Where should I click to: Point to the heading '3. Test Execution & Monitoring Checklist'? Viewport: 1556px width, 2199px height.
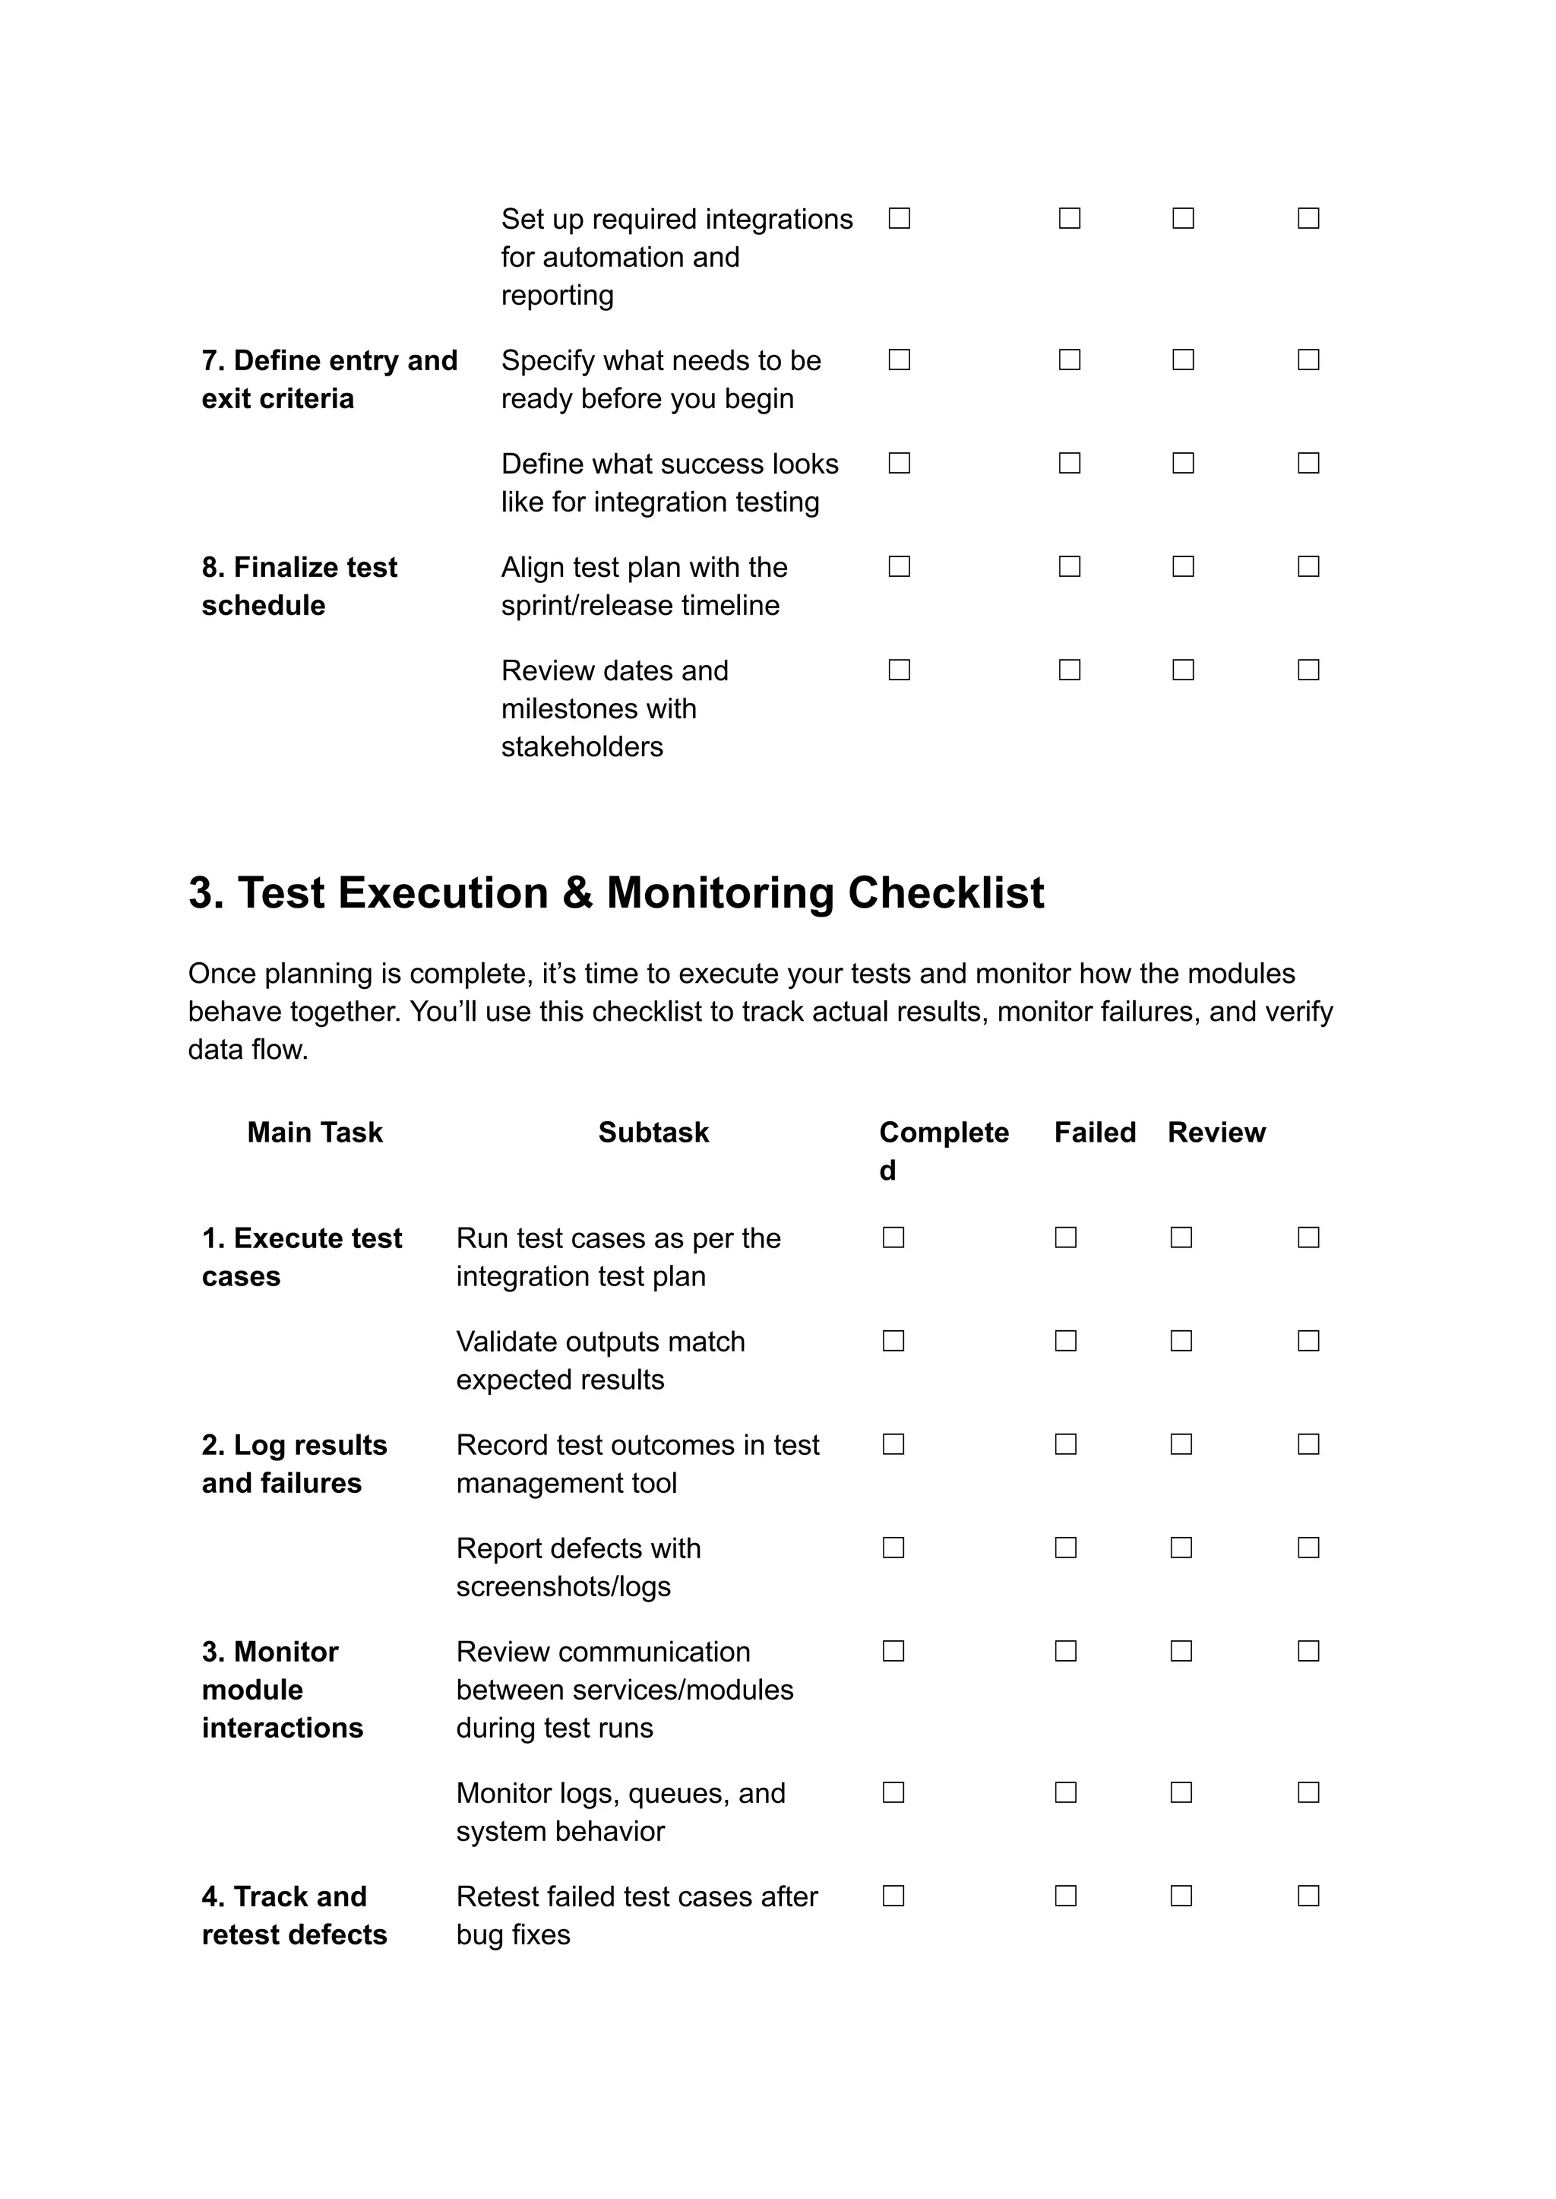(615, 892)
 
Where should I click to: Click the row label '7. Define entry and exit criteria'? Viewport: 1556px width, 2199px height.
(329, 379)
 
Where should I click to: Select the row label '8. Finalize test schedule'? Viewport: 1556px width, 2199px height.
(299, 586)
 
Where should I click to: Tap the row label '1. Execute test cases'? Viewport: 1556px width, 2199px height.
(301, 1256)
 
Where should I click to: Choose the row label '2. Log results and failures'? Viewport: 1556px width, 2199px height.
(294, 1464)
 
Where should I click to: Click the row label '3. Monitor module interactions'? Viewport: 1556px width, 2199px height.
(282, 1689)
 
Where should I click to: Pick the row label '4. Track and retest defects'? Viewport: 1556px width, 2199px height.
(294, 1915)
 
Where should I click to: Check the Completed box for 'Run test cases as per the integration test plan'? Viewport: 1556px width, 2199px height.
(893, 1237)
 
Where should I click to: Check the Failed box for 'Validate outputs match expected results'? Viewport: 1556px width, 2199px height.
(1065, 1341)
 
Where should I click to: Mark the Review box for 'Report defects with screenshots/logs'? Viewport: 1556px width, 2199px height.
(1181, 1548)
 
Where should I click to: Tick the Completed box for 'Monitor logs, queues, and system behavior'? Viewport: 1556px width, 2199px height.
(893, 1792)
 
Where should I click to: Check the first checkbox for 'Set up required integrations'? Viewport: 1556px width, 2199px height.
(899, 219)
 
